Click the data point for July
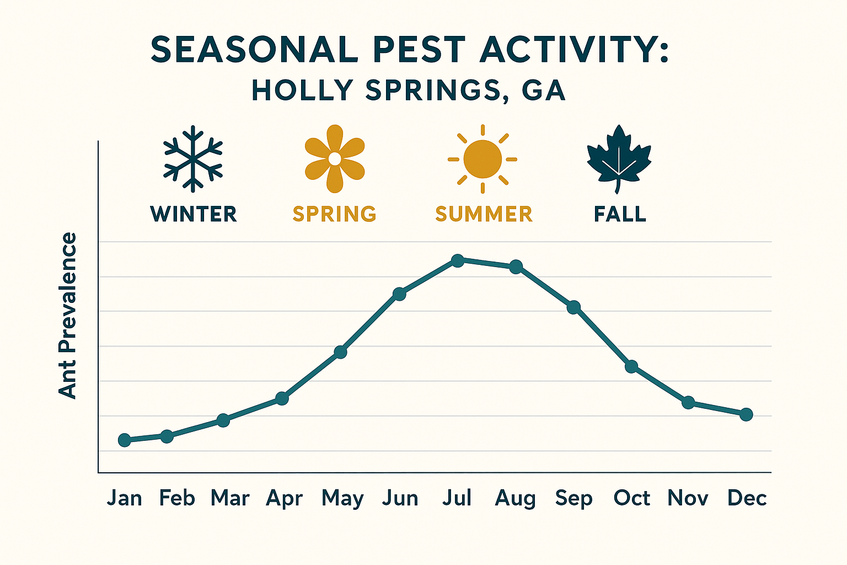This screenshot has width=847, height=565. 457,260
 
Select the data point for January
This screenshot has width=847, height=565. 125,440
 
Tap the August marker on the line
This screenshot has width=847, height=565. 516,267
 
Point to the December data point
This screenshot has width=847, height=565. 746,414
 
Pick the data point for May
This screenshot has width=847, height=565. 341,351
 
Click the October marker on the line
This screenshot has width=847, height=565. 631,366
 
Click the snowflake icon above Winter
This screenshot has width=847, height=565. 193,159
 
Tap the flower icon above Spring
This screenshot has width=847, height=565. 335,159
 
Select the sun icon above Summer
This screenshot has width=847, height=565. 483,159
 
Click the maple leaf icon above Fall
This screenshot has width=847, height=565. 619,158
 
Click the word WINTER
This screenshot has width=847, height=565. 194,214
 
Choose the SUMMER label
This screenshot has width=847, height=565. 484,214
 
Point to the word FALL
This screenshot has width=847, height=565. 620,214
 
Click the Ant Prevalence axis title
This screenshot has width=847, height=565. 68,315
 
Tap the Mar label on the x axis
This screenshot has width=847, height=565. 230,498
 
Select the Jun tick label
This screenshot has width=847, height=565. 400,498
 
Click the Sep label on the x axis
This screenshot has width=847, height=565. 573,498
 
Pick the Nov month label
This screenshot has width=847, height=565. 688,498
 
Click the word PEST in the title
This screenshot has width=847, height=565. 419,50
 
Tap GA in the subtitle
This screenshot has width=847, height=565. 544,90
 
